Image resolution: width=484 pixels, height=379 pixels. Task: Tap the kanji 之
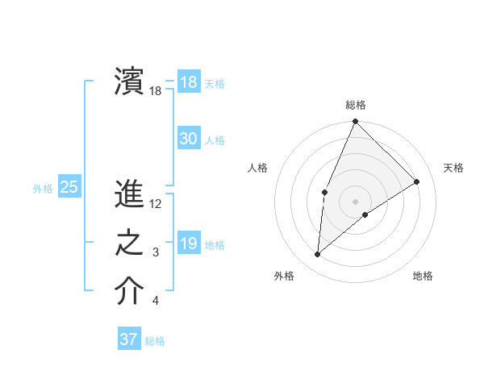129,244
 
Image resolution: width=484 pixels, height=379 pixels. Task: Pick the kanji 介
129,292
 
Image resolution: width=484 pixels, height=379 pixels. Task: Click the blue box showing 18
188,81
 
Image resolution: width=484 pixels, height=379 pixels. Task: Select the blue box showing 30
188,139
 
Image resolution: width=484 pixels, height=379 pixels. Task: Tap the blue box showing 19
188,244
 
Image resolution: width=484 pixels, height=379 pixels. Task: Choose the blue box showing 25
69,188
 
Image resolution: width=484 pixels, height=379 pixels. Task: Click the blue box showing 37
128,339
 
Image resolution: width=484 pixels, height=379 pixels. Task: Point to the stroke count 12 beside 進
156,204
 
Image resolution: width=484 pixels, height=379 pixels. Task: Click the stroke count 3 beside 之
156,253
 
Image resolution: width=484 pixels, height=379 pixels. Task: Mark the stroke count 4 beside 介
156,302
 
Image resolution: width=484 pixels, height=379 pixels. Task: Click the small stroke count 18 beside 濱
156,91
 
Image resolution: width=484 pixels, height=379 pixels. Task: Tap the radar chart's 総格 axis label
355,105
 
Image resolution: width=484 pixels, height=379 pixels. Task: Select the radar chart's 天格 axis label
453,168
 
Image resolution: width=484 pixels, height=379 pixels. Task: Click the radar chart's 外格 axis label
284,276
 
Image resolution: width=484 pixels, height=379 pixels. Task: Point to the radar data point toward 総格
355,122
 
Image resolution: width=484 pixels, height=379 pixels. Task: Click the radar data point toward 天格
417,181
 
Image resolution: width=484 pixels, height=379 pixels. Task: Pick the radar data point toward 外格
318,255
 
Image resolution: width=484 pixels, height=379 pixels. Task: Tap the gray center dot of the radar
355,201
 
